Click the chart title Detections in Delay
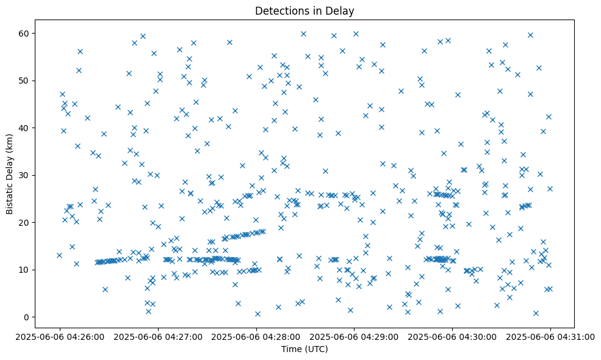[304, 11]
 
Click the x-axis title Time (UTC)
[304, 349]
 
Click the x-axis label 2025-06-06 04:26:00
[60, 336]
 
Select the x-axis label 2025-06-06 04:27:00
[157, 336]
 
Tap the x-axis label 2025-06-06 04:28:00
[256, 336]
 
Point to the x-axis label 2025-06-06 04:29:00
[354, 336]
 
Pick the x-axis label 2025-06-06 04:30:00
[452, 336]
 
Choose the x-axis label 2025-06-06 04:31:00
[550, 336]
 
